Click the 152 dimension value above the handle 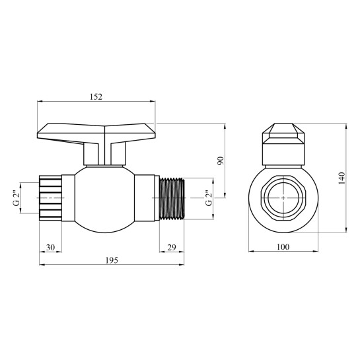(x=96, y=96)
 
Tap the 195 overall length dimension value (x=112, y=260)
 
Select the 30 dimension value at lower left (x=50, y=248)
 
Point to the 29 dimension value (x=172, y=248)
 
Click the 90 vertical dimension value (x=220, y=161)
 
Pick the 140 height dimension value (x=342, y=178)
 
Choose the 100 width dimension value (x=283, y=247)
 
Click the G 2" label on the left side (x=17, y=198)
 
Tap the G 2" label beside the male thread (x=209, y=198)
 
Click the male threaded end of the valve (x=172, y=198)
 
